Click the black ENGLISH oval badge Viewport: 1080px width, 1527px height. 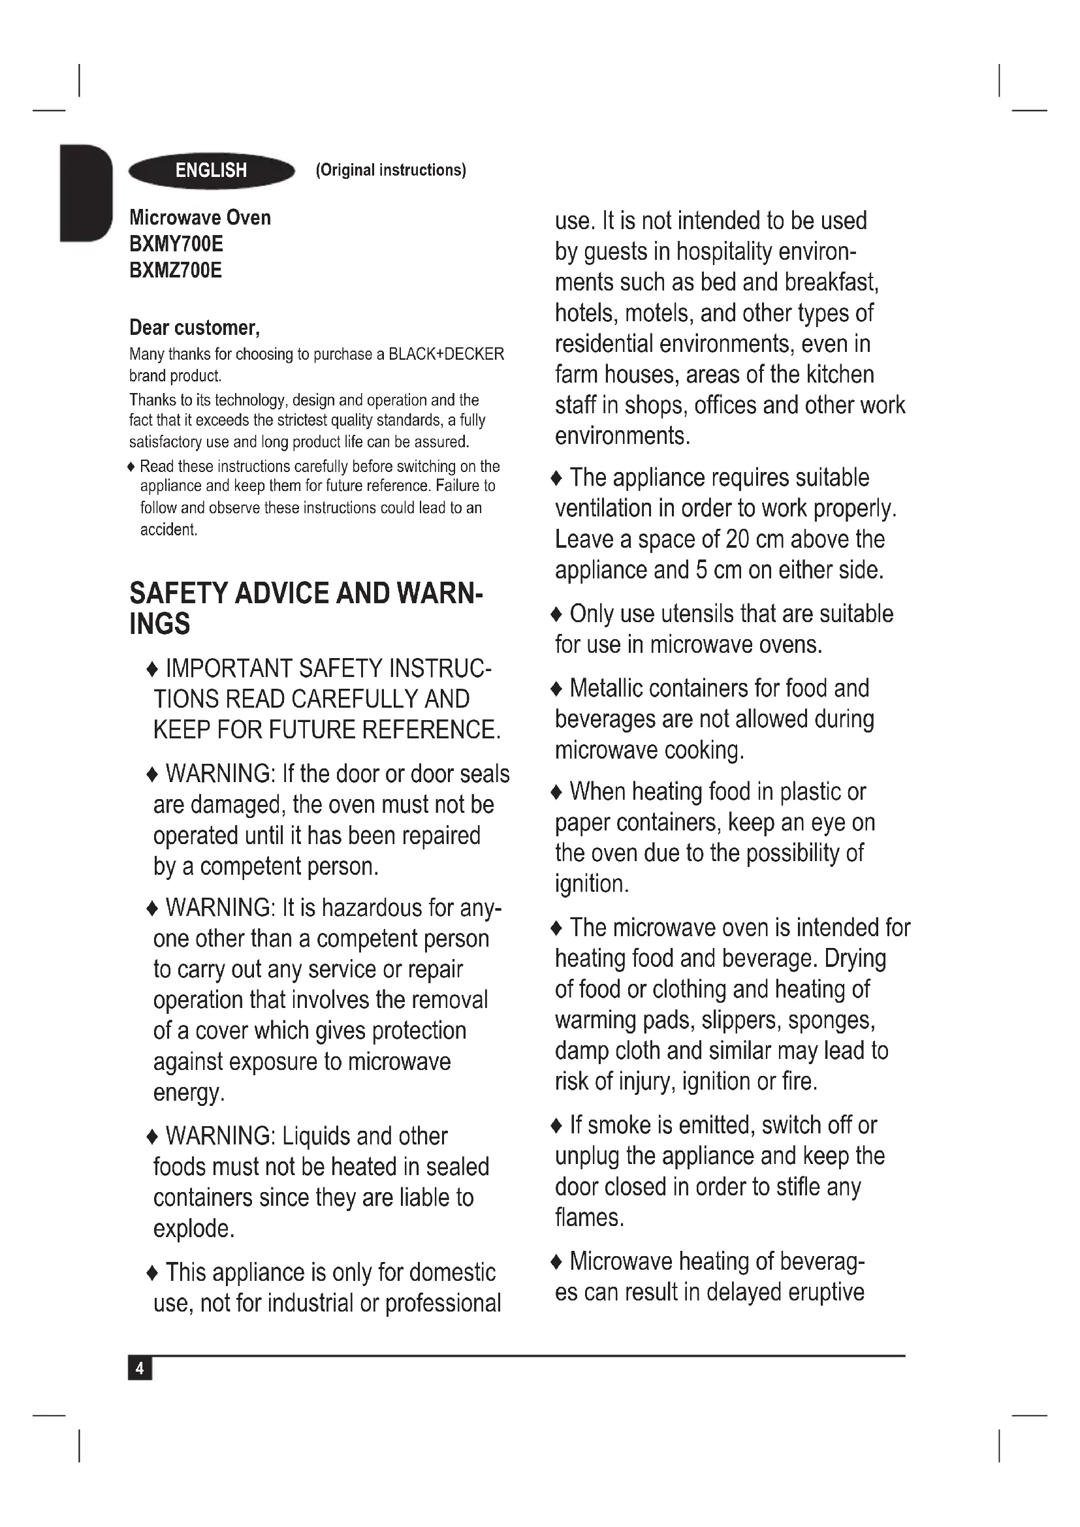pyautogui.click(x=212, y=171)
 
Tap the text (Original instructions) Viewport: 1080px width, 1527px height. pyautogui.click(x=391, y=170)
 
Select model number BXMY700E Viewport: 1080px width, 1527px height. pyautogui.click(x=176, y=244)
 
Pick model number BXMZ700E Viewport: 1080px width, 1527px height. pyautogui.click(x=176, y=271)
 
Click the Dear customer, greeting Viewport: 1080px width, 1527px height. pyautogui.click(x=194, y=328)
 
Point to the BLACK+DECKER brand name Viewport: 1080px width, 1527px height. pyautogui.click(x=446, y=354)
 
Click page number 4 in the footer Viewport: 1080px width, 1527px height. pyautogui.click(x=140, y=1369)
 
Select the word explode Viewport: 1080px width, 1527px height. pyautogui.click(x=193, y=1229)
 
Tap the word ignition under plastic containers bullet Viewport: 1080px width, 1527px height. pyautogui.click(x=591, y=884)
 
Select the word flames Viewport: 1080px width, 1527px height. pyautogui.click(x=589, y=1218)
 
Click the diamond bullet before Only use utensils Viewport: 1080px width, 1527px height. pyautogui.click(x=557, y=614)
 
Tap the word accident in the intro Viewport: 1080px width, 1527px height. pyautogui.click(x=168, y=529)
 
